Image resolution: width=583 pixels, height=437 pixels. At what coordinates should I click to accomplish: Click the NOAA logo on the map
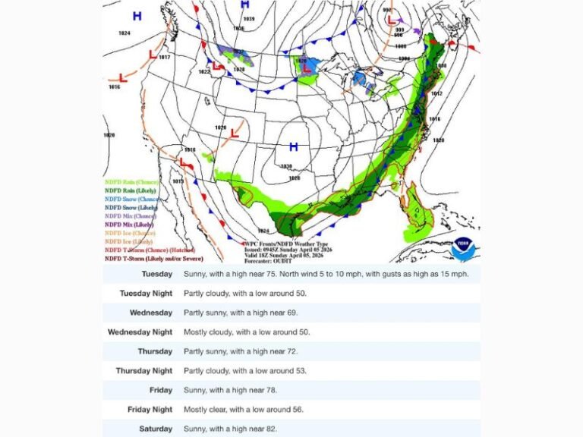(462, 248)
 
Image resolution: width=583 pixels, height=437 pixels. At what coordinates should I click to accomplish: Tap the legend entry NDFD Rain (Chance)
(133, 181)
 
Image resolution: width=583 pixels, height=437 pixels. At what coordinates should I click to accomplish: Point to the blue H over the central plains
(293, 147)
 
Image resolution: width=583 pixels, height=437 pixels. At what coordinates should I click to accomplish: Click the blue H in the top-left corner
(137, 16)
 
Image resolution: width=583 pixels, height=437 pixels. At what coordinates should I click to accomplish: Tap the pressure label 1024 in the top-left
(124, 33)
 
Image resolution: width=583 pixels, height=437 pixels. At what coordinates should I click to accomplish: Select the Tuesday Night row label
(146, 294)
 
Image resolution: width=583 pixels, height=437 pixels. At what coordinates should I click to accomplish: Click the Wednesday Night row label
(140, 332)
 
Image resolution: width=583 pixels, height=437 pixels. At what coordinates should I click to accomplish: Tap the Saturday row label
(156, 429)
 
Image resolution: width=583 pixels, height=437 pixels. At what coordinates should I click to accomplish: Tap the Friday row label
(160, 391)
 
